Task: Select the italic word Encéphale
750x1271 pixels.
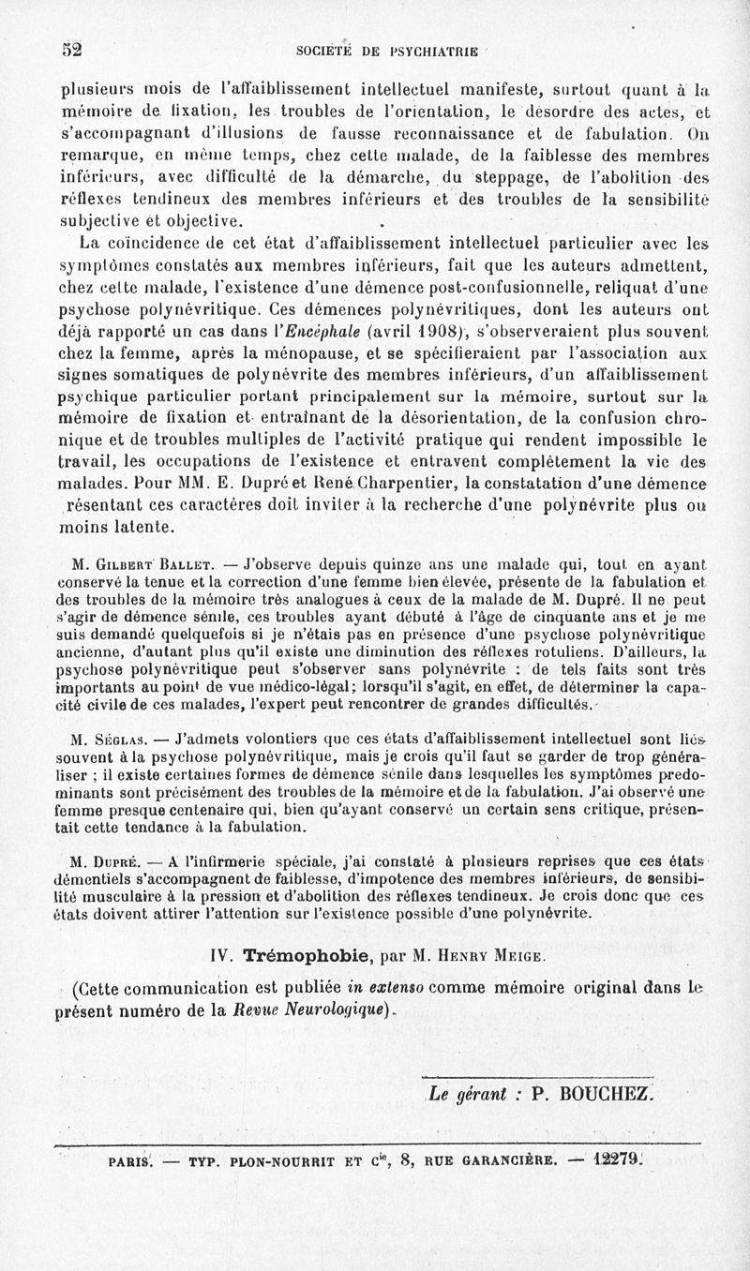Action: (x=321, y=331)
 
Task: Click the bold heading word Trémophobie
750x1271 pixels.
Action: (x=298, y=957)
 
